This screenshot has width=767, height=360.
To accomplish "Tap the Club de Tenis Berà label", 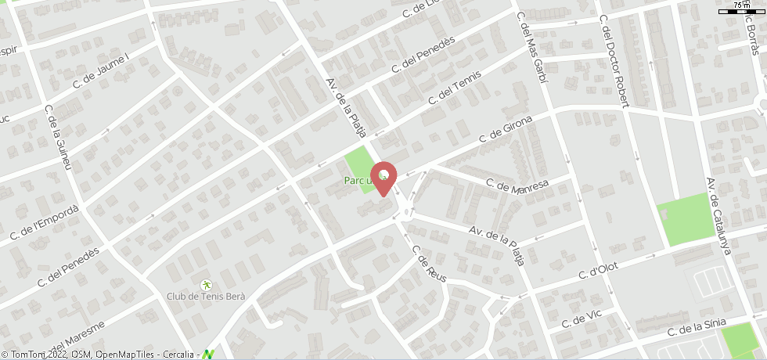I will pos(206,297).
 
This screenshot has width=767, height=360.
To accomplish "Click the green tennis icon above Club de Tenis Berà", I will pos(206,284).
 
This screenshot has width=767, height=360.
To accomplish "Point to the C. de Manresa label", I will pos(517,186).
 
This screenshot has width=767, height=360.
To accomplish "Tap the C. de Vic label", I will pos(585,320).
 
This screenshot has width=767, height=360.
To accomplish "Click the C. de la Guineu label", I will pos(59,138).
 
